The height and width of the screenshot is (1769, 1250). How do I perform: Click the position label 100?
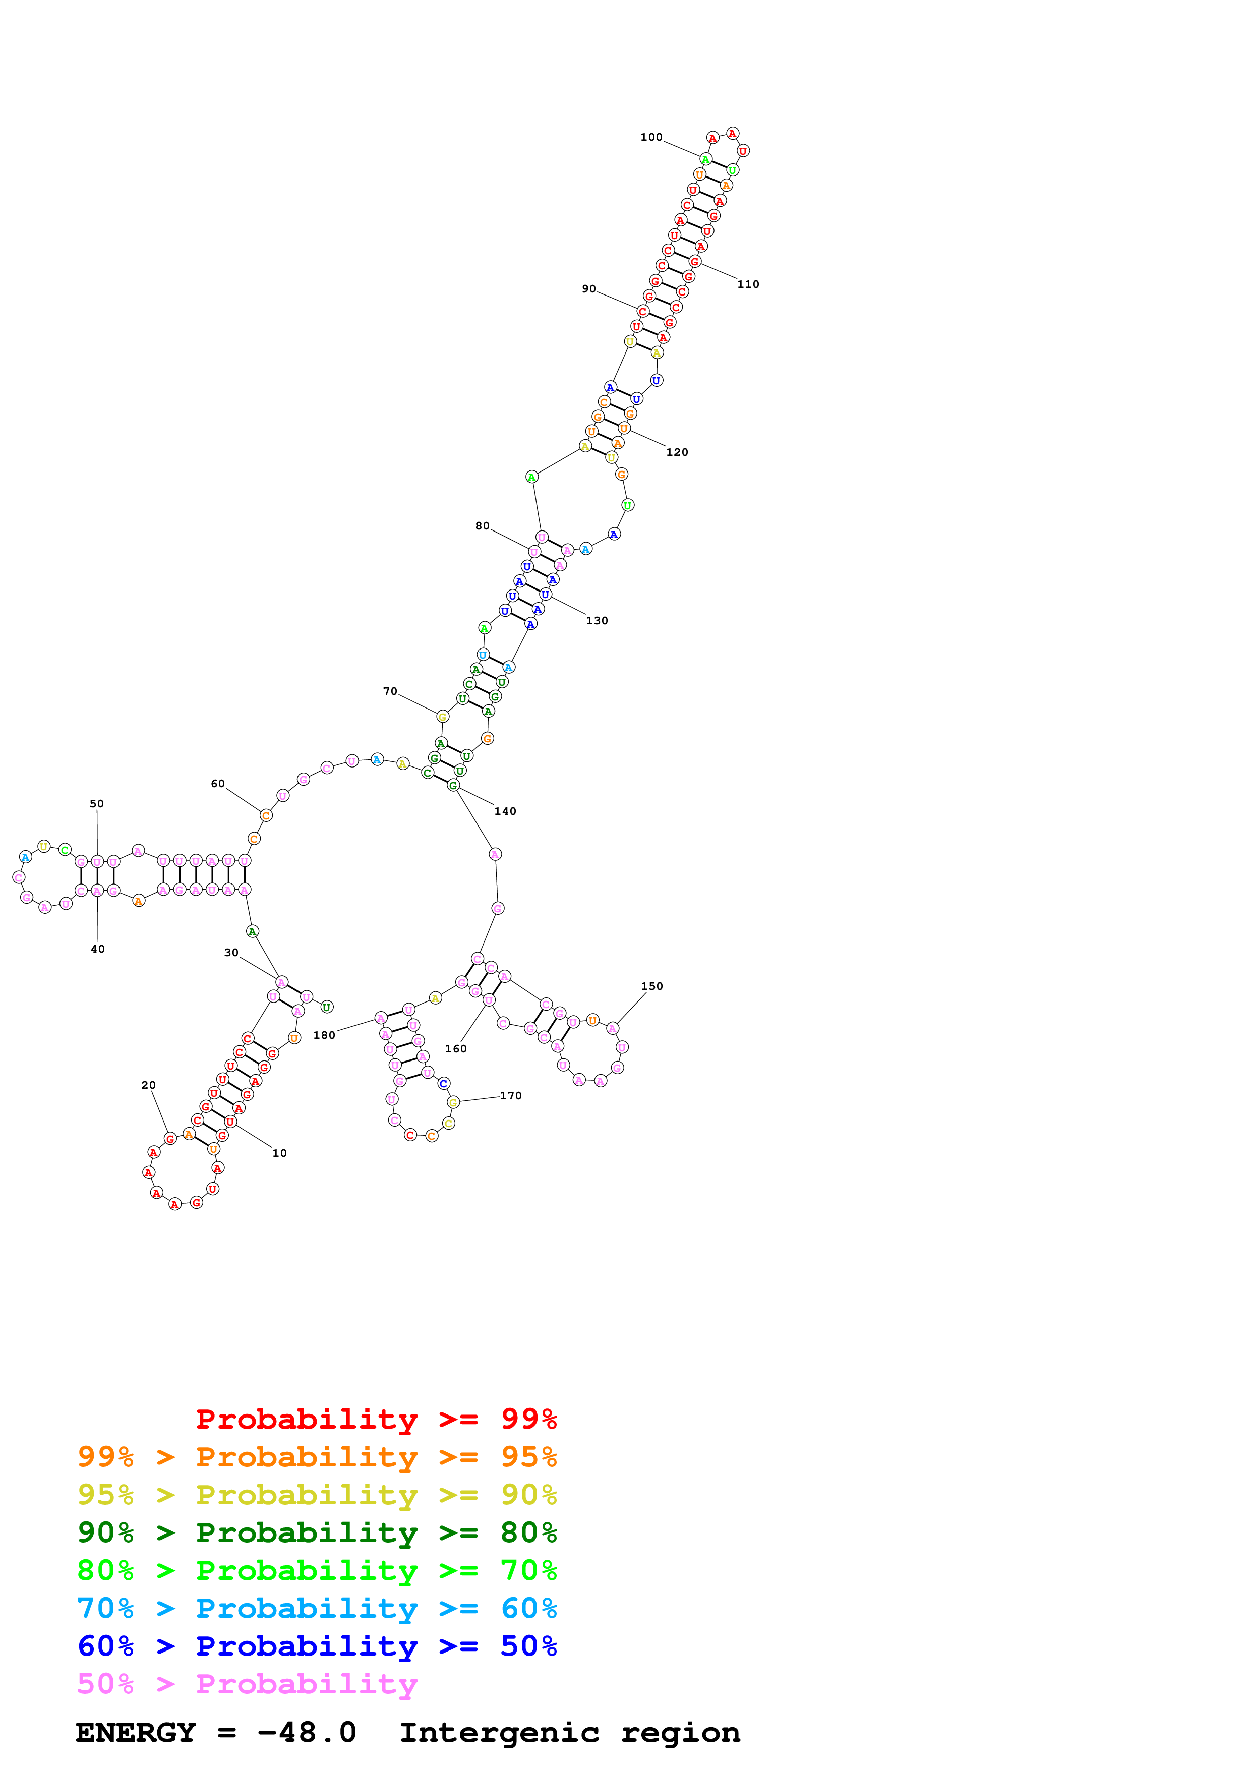651,137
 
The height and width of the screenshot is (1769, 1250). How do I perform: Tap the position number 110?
748,284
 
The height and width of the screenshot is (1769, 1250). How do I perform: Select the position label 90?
588,289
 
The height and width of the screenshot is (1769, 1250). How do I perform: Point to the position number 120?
677,452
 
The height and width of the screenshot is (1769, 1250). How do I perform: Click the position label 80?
482,526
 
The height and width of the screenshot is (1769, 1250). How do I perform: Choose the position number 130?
597,621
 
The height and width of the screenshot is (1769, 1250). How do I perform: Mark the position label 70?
390,692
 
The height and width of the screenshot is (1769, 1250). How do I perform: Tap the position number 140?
505,811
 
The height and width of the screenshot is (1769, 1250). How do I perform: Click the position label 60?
218,784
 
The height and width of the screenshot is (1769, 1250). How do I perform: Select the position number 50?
96,804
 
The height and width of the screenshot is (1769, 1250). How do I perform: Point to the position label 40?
98,949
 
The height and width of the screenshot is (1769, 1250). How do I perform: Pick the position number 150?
651,986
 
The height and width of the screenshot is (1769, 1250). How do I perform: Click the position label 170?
511,1096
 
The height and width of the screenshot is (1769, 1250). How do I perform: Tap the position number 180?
324,1035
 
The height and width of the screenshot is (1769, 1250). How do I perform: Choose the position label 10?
279,1153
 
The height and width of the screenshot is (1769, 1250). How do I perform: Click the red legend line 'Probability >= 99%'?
376,1419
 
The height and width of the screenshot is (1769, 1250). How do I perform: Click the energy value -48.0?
307,1733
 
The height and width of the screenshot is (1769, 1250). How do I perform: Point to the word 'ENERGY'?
136,1733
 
